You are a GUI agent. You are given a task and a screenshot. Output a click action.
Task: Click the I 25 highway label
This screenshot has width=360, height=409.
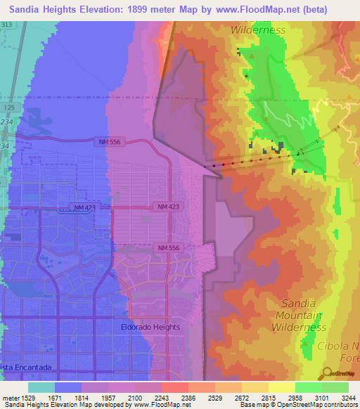point(8,108)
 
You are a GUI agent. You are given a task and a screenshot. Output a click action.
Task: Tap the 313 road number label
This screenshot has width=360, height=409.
point(7,25)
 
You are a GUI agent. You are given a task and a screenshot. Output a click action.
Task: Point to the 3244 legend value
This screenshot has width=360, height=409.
point(348,397)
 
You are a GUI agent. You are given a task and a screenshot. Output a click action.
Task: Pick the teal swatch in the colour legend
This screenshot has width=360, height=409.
point(41,387)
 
